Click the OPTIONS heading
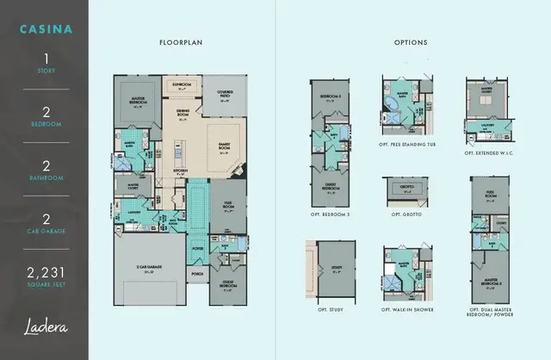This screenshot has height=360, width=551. [x=410, y=42]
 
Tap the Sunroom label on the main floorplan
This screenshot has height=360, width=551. [x=181, y=85]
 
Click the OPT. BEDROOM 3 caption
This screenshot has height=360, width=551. [x=328, y=212]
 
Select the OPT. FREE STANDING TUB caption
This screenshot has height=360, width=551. [x=408, y=144]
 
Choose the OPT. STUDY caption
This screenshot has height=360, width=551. [x=324, y=308]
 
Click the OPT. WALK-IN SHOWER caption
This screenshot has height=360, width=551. [x=408, y=308]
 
